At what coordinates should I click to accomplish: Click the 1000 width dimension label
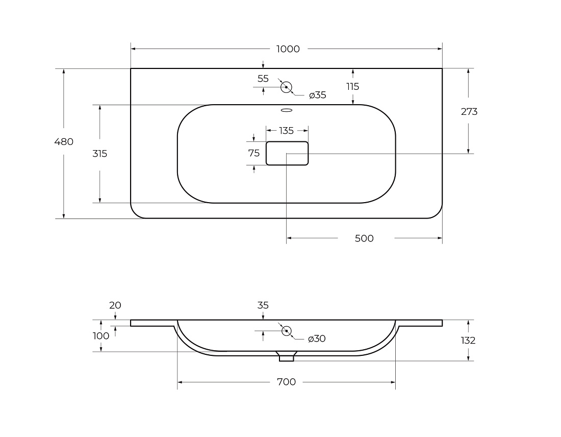[288, 48]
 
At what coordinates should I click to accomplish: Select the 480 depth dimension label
[64, 142]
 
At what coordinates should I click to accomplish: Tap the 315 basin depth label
[100, 154]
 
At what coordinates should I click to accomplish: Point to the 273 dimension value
[469, 112]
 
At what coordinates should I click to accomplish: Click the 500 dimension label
[364, 238]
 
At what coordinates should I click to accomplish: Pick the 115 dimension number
[353, 87]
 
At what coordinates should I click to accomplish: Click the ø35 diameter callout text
[318, 95]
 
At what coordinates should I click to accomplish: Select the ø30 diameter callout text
[317, 338]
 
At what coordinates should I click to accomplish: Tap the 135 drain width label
[286, 131]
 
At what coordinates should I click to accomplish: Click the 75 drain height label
[254, 153]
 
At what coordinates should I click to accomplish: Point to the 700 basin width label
[286, 382]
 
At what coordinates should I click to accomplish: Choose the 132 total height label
[468, 341]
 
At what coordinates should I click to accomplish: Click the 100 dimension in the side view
[101, 336]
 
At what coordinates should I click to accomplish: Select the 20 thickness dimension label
[115, 305]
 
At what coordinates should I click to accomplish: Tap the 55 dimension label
[263, 79]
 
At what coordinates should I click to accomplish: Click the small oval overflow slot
[287, 110]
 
